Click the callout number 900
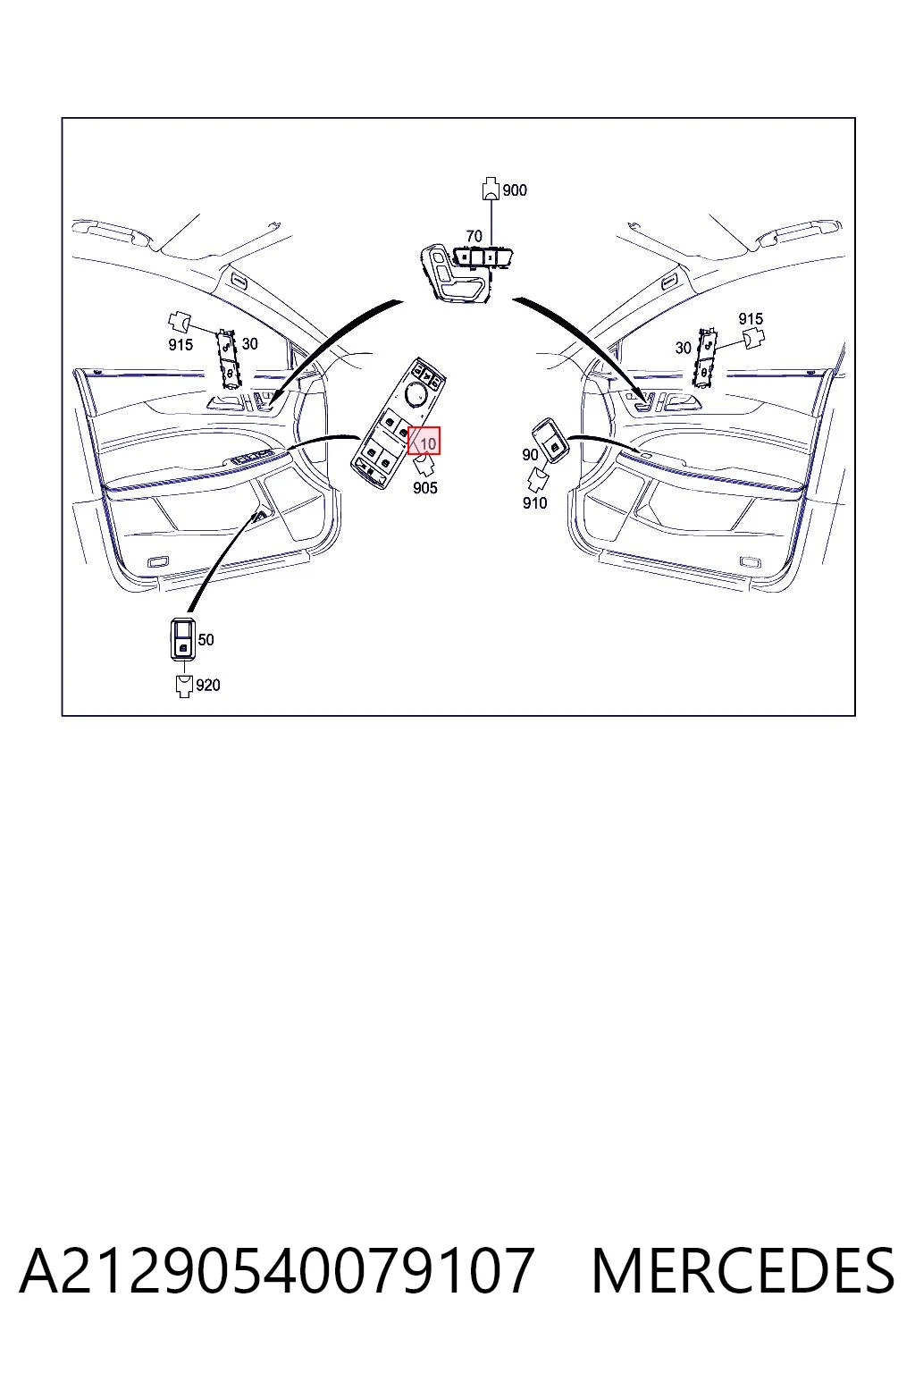click(x=514, y=190)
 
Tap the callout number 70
click(x=474, y=236)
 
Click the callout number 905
click(x=425, y=488)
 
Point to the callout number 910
click(x=534, y=503)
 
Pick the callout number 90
click(x=530, y=455)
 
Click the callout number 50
click(x=206, y=640)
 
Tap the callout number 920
click(x=208, y=686)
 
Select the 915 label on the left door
click(x=180, y=345)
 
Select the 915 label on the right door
click(x=751, y=319)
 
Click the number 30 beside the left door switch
click(x=249, y=344)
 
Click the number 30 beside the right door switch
click(x=684, y=348)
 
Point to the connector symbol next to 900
click(x=491, y=189)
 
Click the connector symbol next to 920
click(x=184, y=686)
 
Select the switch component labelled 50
click(x=182, y=639)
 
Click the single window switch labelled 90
click(x=550, y=442)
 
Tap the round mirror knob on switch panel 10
click(x=416, y=393)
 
